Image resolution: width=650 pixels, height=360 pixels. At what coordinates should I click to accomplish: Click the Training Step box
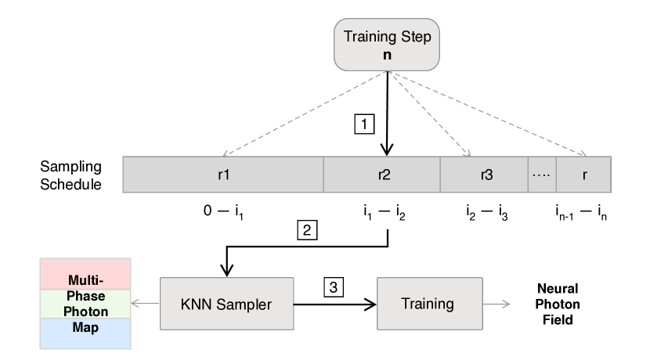[x=387, y=45]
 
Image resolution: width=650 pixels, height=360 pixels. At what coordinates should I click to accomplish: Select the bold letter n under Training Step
[x=387, y=56]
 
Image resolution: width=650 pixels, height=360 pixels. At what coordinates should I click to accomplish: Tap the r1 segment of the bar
[x=223, y=175]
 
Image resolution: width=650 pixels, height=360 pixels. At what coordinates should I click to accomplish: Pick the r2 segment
[x=382, y=175]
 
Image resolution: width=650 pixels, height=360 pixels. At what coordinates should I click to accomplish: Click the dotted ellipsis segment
[x=542, y=175]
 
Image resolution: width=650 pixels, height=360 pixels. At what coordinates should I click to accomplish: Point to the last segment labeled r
[x=583, y=175]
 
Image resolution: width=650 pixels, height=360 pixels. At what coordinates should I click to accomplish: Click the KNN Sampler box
[x=226, y=304]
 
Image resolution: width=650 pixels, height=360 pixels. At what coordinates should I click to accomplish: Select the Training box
[x=428, y=304]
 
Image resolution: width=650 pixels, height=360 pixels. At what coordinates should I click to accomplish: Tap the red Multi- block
[x=85, y=275]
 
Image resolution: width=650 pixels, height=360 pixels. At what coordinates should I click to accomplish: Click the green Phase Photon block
[x=85, y=304]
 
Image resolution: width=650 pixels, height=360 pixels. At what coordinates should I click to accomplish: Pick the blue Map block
[x=85, y=333]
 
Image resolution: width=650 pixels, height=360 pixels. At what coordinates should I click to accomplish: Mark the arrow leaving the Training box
[x=497, y=304]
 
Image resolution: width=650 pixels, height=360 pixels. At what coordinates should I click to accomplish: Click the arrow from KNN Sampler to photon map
[x=146, y=304]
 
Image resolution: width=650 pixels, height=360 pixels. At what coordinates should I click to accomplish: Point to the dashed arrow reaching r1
[x=305, y=113]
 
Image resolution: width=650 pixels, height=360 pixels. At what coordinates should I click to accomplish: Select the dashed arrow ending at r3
[x=429, y=113]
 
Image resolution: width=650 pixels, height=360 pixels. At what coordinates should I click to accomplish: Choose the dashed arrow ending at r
[x=489, y=113]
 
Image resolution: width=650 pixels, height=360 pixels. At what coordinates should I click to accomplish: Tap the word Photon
[x=85, y=311]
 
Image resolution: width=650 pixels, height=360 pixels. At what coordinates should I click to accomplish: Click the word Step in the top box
[x=415, y=37]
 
